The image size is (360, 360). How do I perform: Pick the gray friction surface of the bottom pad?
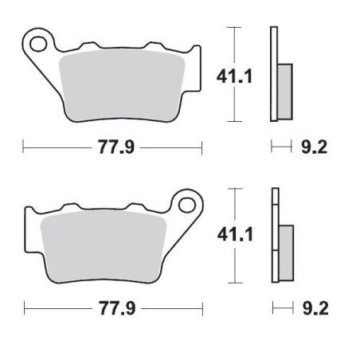click(x=104, y=244)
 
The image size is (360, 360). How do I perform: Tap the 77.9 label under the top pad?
click(x=114, y=147)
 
